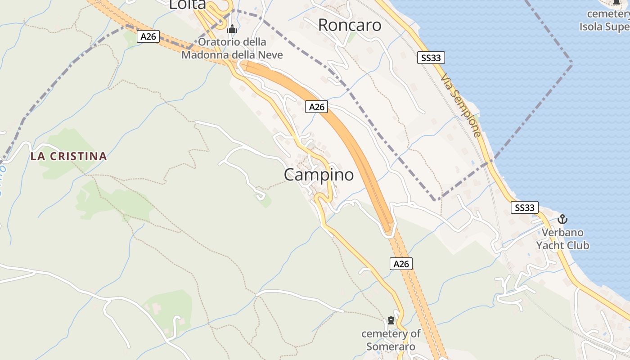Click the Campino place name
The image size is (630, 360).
point(319,175)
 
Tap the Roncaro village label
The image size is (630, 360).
point(350,25)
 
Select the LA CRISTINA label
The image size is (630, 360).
point(69,157)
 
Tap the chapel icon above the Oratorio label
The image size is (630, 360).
point(232,29)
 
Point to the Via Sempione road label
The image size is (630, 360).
point(461,106)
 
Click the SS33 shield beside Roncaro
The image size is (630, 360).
point(431,58)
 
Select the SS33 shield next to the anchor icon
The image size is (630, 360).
point(525,207)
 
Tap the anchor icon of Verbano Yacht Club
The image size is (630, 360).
point(562,220)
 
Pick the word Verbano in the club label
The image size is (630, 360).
point(562,233)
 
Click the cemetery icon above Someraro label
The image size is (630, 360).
point(391,321)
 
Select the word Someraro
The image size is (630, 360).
point(391,346)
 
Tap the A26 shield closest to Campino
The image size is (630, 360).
point(317,107)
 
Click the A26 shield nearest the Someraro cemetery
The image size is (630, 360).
point(401,264)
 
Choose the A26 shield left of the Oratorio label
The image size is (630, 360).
point(148,36)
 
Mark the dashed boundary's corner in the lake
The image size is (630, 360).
point(572,63)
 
